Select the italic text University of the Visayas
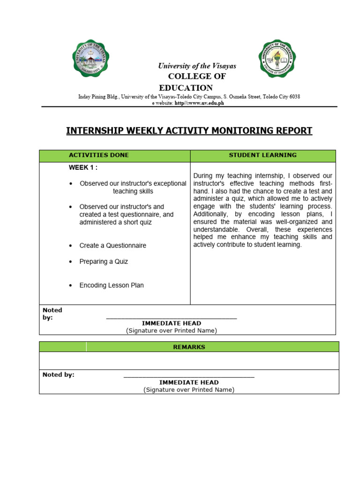pyautogui.click(x=197, y=66)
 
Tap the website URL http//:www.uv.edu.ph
pyautogui.click(x=199, y=103)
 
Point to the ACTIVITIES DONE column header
pyautogui.click(x=99, y=155)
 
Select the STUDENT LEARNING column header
pyautogui.click(x=262, y=155)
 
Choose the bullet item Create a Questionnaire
pyautogui.click(x=112, y=246)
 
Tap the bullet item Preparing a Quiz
pyautogui.click(x=104, y=262)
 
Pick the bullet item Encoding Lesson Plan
pyautogui.click(x=112, y=285)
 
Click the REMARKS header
pyautogui.click(x=189, y=347)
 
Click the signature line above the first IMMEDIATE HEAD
pyautogui.click(x=172, y=318)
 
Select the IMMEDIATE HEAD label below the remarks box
pyautogui.click(x=189, y=382)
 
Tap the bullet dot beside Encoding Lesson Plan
pyautogui.click(x=70, y=285)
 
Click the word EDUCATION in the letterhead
pyautogui.click(x=186, y=88)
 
